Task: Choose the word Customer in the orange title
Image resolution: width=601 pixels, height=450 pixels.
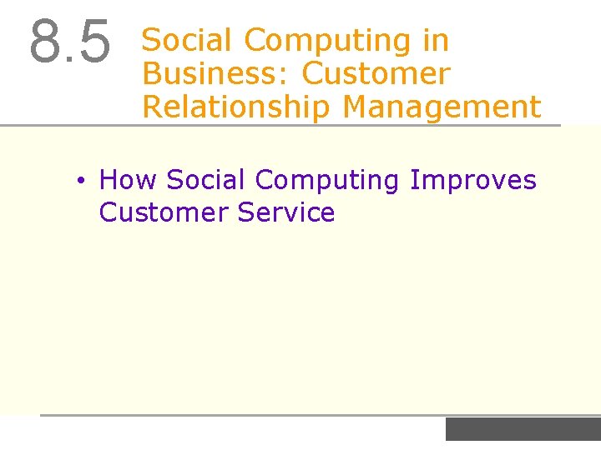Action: (376, 73)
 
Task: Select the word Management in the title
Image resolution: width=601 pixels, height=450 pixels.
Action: (442, 107)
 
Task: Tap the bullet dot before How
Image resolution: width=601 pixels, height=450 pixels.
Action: (79, 181)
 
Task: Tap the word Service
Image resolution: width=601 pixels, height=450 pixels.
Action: (286, 212)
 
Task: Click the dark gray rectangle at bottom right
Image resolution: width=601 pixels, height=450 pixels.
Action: (523, 429)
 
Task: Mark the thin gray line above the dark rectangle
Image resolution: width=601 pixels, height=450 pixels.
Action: (317, 415)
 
